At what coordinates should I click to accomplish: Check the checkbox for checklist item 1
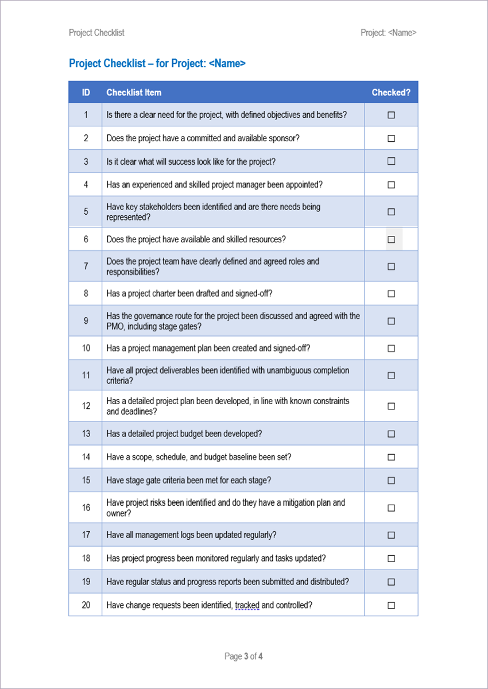coord(392,115)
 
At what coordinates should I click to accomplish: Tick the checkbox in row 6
coord(392,239)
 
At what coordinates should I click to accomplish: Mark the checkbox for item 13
coord(392,434)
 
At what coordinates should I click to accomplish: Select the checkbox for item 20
coord(392,605)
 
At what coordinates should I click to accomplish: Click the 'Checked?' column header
coord(391,92)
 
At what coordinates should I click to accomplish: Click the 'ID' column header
coord(86,92)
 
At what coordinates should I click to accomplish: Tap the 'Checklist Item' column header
coord(134,92)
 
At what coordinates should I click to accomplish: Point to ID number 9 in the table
coord(86,321)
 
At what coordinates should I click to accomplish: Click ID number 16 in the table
coord(86,508)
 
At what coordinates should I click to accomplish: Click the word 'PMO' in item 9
coord(115,327)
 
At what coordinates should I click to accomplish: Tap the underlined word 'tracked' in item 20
coord(247,605)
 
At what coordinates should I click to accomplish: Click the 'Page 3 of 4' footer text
coord(244,656)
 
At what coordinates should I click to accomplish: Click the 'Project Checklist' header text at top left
coord(96,33)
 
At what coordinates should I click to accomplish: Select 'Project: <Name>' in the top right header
coord(389,33)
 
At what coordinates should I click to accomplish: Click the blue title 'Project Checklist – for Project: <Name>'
coord(157,64)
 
